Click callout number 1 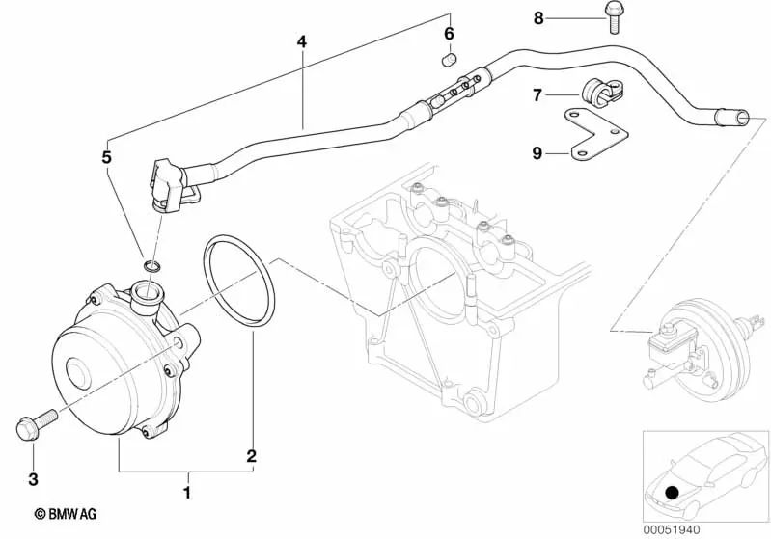coord(187,493)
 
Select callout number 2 coord(251,455)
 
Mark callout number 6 coord(449,35)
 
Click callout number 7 coord(537,94)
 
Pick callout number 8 coord(538,17)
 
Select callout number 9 coord(537,151)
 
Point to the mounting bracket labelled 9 coord(599,135)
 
